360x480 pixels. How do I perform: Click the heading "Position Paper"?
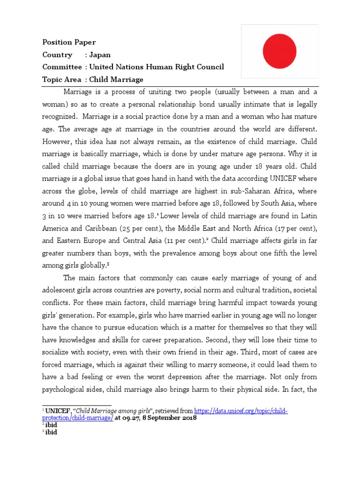(69, 42)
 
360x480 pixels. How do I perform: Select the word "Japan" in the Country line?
(100, 54)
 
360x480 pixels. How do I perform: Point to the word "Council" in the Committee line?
(210, 67)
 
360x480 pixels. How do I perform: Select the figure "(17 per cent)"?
(294, 228)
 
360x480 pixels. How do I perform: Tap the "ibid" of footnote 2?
(51, 425)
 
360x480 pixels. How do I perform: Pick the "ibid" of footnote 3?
(51, 432)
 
